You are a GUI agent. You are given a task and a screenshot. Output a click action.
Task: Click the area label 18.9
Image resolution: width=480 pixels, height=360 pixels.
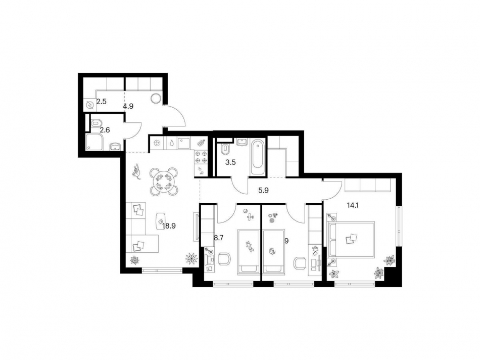click(x=169, y=226)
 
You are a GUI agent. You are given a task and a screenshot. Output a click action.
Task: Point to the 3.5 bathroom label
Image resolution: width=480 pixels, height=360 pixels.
click(x=230, y=163)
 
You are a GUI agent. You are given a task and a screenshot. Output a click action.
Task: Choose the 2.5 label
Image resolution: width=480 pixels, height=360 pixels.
click(x=101, y=101)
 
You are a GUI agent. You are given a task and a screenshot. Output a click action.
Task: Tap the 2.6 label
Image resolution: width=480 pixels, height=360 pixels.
click(x=105, y=129)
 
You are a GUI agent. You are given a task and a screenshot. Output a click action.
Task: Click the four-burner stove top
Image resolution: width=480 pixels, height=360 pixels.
click(x=201, y=157)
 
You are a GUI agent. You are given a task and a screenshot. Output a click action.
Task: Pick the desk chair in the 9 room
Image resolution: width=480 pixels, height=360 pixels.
click(x=300, y=263)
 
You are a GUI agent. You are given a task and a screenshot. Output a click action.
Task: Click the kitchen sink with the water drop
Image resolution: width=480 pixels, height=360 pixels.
click(x=172, y=143)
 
